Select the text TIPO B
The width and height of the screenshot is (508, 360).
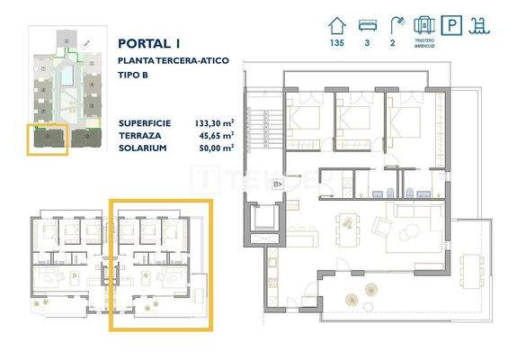tap(133, 74)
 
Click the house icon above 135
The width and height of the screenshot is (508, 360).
tap(337, 24)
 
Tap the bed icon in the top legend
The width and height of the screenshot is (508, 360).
tap(368, 24)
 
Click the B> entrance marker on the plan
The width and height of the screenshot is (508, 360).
tap(278, 184)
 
